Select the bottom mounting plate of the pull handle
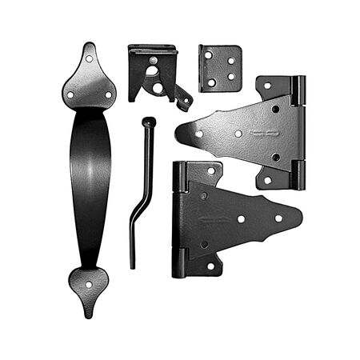click(x=88, y=284)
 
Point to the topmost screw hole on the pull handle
click(x=89, y=58)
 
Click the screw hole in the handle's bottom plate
click(x=88, y=281)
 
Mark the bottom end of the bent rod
click(x=132, y=264)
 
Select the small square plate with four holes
click(x=220, y=67)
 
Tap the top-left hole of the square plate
click(x=209, y=56)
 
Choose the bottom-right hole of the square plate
click(x=231, y=78)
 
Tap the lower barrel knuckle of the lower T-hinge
click(x=178, y=262)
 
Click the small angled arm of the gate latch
click(x=184, y=98)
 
